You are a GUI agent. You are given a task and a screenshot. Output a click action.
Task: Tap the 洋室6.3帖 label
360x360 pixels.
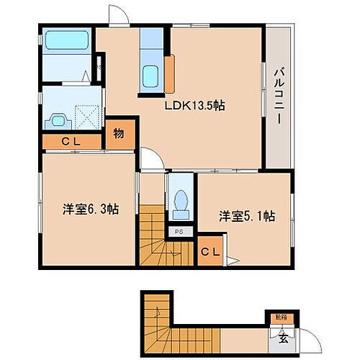[x=90, y=210]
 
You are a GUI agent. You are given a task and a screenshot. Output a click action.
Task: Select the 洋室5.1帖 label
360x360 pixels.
[x=247, y=215]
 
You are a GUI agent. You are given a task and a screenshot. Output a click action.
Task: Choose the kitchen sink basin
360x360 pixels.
[x=152, y=75]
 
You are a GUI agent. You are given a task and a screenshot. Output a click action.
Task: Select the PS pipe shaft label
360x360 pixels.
[x=179, y=232]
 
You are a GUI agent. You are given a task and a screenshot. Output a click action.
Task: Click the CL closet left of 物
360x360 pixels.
[x=70, y=141]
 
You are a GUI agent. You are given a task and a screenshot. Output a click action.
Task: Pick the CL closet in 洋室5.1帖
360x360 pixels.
[x=209, y=251]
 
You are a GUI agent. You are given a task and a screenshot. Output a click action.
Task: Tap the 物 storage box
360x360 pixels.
[x=119, y=135]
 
